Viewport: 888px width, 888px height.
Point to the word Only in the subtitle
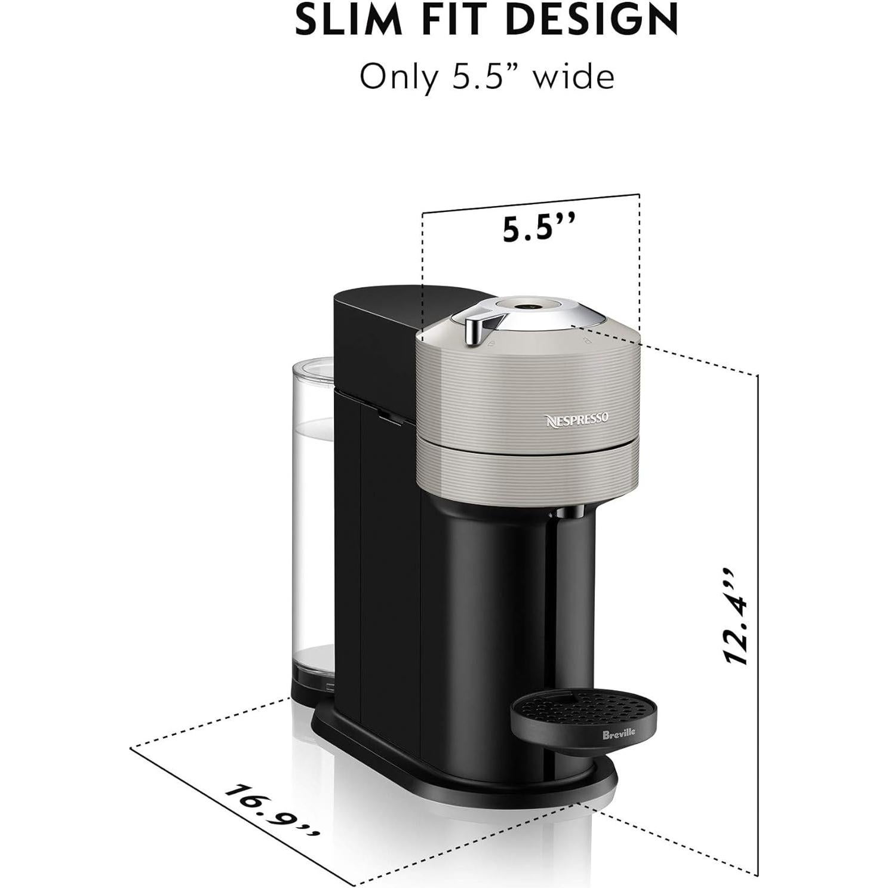click(x=395, y=78)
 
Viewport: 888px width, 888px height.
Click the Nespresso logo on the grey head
click(x=577, y=419)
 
